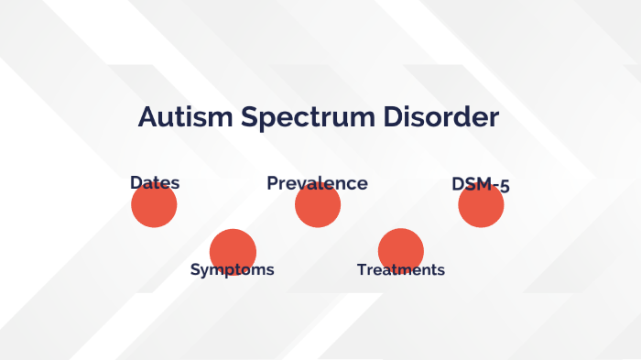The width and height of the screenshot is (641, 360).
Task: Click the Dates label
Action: click(155, 183)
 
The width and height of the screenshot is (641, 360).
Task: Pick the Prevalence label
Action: click(317, 183)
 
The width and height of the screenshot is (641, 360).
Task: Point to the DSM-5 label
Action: click(481, 184)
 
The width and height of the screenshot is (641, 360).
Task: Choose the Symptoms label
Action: click(232, 269)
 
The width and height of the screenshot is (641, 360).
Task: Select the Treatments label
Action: click(401, 269)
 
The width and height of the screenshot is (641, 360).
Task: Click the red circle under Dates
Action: click(154, 208)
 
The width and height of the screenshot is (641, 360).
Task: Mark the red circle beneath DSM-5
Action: click(481, 208)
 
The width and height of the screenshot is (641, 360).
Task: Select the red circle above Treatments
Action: click(401, 248)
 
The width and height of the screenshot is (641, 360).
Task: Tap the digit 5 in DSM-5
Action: click(504, 185)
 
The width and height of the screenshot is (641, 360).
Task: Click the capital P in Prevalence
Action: click(272, 183)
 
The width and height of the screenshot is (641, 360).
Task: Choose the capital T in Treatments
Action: click(362, 269)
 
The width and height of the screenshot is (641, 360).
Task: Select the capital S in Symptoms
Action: click(195, 269)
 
